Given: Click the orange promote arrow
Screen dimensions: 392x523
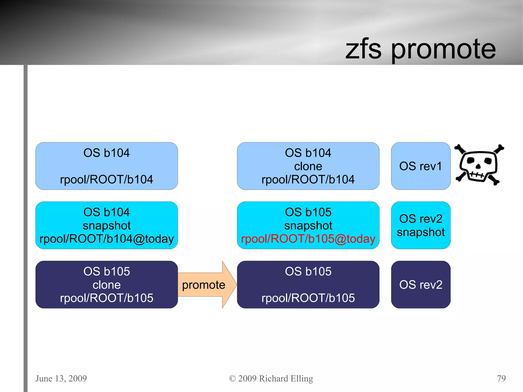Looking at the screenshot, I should tap(204, 285).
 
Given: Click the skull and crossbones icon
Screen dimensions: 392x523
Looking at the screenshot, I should tap(479, 165).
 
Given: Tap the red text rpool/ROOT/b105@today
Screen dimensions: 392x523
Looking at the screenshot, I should tap(308, 239).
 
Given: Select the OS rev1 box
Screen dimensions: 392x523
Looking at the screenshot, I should tap(421, 166).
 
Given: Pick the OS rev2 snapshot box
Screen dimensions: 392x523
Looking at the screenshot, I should tap(421, 225).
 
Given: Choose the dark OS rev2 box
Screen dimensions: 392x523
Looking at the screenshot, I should tap(421, 284).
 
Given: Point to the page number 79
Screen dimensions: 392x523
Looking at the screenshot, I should tap(501, 378).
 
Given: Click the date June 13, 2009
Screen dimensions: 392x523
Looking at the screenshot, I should tap(61, 378).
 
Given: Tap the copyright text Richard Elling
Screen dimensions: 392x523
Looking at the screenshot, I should tap(286, 378).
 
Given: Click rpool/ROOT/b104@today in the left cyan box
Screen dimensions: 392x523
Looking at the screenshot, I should tap(106, 239).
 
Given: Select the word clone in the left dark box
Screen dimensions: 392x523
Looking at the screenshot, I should tap(106, 285).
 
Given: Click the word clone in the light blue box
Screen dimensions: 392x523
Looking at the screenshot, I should tap(308, 166).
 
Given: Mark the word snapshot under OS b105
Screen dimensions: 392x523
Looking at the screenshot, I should tap(308, 225).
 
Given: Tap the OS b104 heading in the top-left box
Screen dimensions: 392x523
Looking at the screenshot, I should tap(106, 153).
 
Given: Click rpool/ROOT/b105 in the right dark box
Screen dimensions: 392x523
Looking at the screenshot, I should tap(308, 298).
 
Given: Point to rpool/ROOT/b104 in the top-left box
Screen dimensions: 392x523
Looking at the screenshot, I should tap(106, 180).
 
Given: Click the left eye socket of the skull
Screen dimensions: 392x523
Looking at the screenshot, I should tap(470, 161).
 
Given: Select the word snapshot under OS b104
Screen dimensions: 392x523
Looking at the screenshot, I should tap(106, 225).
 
